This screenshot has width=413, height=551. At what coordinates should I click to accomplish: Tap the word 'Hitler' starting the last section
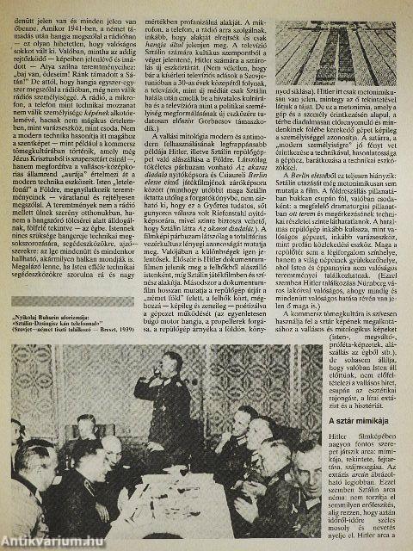[337, 462]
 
